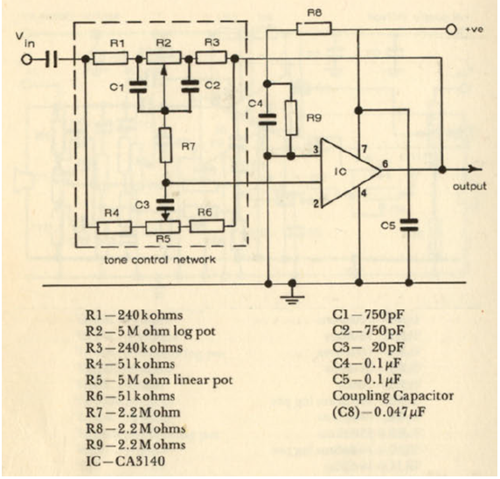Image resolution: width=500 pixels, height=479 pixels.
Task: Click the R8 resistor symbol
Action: click(314, 29)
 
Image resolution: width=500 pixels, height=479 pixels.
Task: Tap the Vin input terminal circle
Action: click(27, 59)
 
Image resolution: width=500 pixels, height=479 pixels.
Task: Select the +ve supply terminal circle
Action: click(451, 30)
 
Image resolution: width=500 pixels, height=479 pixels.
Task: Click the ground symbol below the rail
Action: click(292, 294)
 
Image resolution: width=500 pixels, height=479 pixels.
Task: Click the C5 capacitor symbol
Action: click(409, 225)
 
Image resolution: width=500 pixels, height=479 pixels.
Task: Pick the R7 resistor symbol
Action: click(165, 145)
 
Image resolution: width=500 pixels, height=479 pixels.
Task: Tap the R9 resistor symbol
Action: click(291, 118)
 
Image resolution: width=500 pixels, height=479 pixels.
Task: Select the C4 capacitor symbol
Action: click(267, 119)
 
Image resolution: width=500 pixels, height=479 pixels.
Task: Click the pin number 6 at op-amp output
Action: click(385, 164)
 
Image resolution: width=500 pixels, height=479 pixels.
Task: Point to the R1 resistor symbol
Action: click(110, 59)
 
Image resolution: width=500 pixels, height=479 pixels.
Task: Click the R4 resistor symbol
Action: click(114, 227)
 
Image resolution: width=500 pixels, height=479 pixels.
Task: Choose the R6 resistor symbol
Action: click(206, 226)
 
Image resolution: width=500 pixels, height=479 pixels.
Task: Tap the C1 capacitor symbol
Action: click(138, 87)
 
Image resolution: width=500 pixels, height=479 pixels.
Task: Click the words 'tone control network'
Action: click(160, 260)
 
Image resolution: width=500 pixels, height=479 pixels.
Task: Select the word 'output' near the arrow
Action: click(469, 186)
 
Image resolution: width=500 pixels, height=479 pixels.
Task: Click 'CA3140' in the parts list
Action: click(140, 462)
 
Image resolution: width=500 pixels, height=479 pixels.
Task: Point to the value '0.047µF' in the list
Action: click(399, 413)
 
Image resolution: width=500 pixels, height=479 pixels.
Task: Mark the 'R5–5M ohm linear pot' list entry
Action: click(159, 380)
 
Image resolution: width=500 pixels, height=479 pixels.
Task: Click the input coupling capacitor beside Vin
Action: click(52, 59)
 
